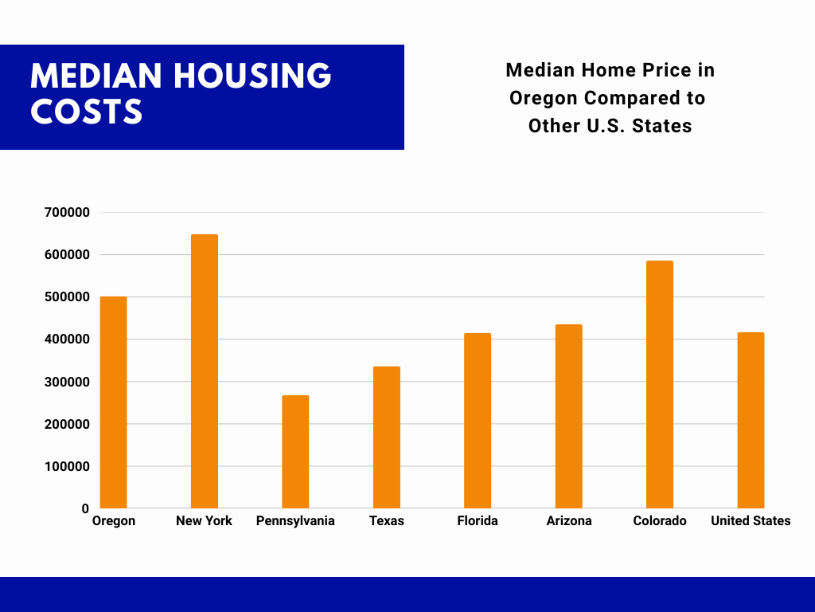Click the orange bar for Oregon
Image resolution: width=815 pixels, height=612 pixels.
[113, 402]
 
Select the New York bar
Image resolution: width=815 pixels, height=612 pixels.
[205, 371]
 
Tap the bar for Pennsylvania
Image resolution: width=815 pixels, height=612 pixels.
[295, 452]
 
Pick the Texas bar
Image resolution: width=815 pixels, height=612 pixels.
[387, 437]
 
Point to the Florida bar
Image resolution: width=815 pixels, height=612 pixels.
[478, 421]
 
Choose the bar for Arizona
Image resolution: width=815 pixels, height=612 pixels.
[568, 416]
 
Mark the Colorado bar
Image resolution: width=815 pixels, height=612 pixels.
[660, 385]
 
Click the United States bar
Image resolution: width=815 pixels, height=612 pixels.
[751, 420]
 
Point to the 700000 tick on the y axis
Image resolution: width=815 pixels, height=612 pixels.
[67, 212]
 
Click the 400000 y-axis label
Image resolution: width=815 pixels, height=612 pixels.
[67, 339]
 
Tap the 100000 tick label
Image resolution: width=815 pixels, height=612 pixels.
[67, 467]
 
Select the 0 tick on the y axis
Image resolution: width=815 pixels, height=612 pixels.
[85, 509]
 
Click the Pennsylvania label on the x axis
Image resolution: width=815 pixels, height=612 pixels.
[295, 521]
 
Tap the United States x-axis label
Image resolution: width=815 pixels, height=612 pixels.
[751, 521]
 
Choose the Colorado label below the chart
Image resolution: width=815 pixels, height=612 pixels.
[660, 521]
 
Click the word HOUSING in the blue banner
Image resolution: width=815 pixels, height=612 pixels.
[252, 76]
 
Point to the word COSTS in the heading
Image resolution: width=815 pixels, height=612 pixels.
[86, 112]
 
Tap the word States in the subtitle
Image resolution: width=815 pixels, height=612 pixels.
[661, 126]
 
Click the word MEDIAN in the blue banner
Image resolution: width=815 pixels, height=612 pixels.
[96, 76]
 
